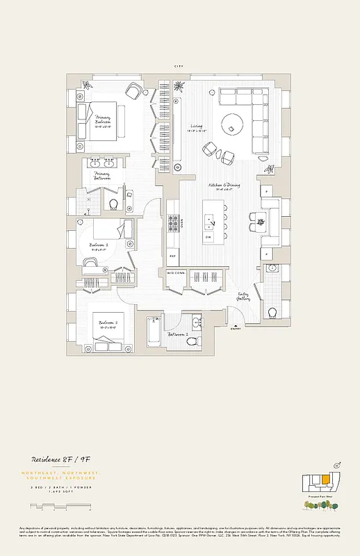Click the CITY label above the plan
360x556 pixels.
click(179, 66)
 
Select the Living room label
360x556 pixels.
click(196, 127)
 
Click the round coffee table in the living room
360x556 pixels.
click(231, 126)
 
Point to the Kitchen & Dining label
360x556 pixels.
click(223, 186)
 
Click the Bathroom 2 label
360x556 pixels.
click(178, 334)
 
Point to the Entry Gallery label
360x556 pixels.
click(244, 296)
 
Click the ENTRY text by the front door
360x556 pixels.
click(237, 329)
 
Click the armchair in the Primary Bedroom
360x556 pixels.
click(134, 91)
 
